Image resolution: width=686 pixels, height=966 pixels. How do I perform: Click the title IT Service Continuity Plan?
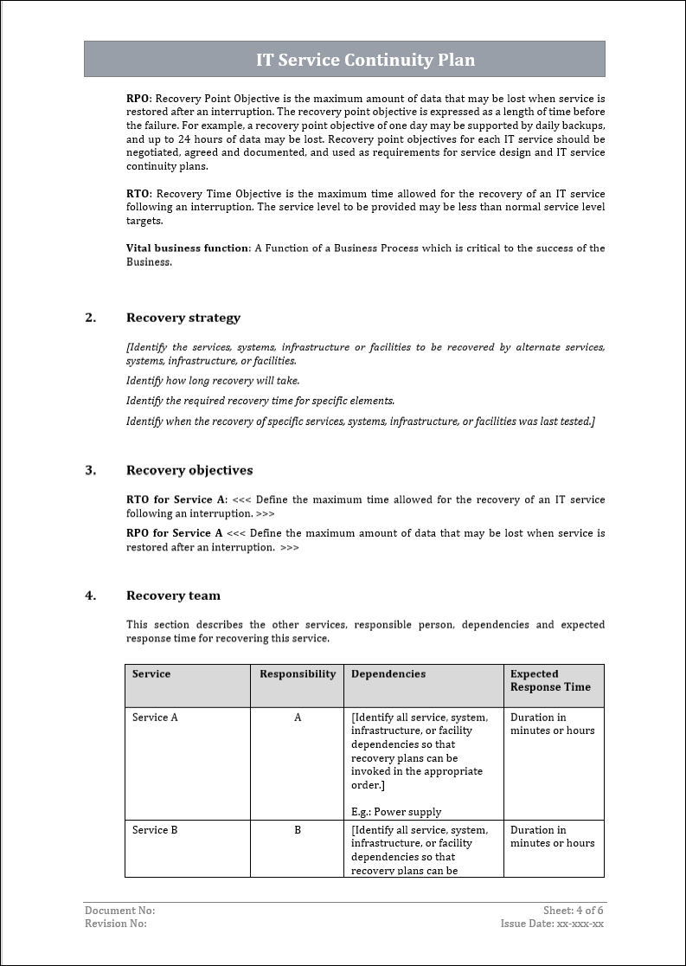point(365,60)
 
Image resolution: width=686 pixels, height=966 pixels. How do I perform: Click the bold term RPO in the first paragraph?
point(138,99)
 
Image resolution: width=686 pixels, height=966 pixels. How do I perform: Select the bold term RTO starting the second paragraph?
point(138,194)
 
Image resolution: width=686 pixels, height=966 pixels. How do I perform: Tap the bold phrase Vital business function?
point(188,248)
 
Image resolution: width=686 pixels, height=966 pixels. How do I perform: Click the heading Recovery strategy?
point(183,318)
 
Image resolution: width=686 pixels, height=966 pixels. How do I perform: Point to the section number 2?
point(91,318)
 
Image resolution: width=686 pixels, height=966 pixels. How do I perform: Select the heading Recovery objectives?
point(189,471)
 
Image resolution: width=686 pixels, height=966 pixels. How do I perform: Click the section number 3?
point(91,471)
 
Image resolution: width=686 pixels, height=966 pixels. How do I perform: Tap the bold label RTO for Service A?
point(175,500)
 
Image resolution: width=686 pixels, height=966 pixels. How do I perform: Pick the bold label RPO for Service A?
point(174,533)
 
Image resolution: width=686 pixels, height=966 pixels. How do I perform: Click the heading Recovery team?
point(173,596)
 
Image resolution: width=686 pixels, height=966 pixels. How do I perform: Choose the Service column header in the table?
point(151,674)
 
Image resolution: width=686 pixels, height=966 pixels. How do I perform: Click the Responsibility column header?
point(298,674)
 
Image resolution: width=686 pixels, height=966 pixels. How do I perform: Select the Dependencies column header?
point(388,674)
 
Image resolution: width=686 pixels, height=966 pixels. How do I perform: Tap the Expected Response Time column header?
point(550,680)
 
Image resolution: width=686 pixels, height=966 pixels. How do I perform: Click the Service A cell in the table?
point(155,718)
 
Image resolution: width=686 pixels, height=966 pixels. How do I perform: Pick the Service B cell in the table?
point(155,830)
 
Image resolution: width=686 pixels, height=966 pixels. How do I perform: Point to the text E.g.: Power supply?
point(396,812)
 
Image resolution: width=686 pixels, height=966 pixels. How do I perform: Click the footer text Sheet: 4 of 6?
point(574,911)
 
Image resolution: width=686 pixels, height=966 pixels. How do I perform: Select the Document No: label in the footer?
point(120,911)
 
